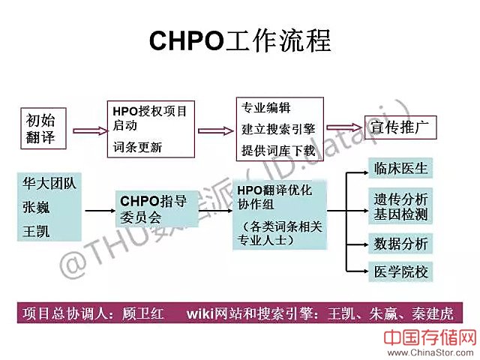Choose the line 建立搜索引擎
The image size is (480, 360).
click(278, 128)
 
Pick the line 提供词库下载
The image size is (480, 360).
click(278, 150)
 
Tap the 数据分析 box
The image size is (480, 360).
click(400, 244)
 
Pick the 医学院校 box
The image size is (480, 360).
click(400, 271)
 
